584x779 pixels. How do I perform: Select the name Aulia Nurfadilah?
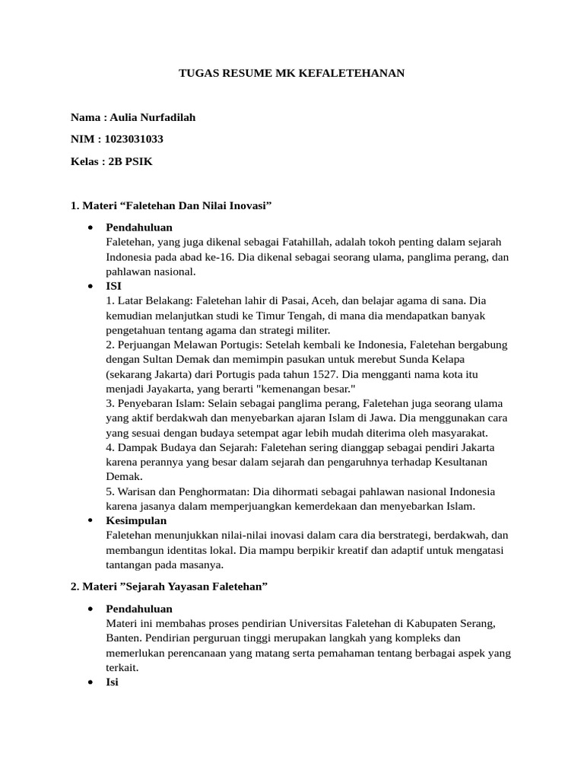click(x=152, y=118)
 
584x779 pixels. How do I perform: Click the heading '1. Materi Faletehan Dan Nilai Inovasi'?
click(x=171, y=205)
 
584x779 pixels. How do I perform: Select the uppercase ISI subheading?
click(x=113, y=286)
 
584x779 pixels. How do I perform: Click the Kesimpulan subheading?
click(x=136, y=520)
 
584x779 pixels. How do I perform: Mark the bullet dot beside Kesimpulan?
click(x=90, y=520)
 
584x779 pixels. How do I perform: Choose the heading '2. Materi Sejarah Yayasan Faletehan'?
click(x=169, y=587)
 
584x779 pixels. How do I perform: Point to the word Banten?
click(x=122, y=638)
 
